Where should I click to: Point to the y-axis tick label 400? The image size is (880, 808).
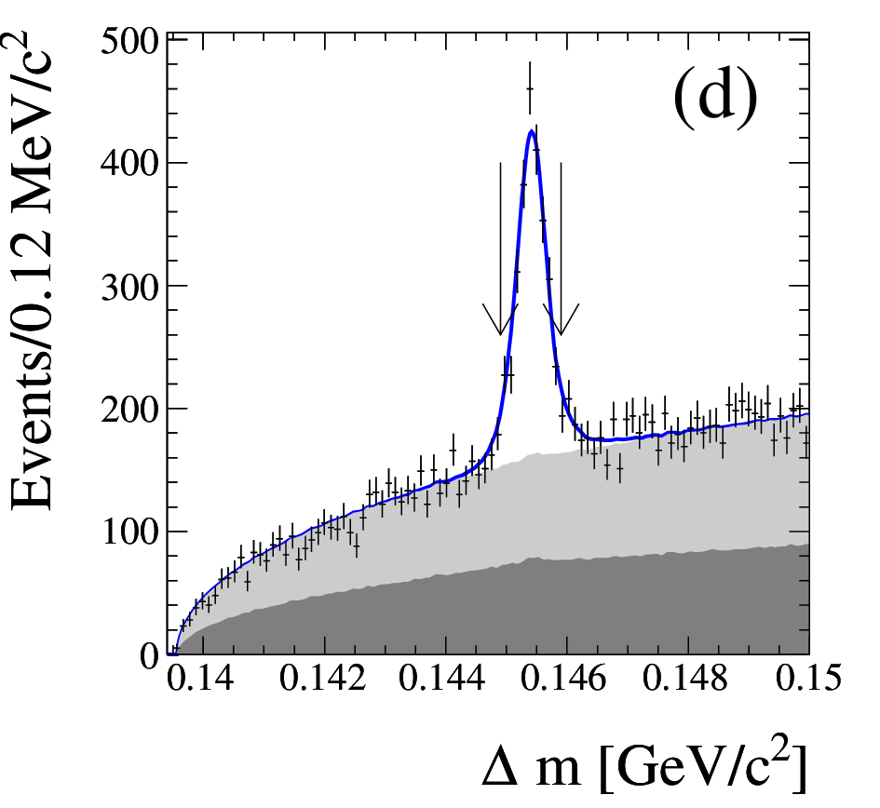click(x=129, y=164)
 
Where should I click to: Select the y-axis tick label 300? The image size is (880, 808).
click(x=129, y=287)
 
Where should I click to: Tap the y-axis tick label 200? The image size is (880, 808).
click(x=129, y=410)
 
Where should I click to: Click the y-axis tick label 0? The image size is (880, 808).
click(x=149, y=655)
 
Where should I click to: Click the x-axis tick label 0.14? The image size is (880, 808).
click(x=201, y=678)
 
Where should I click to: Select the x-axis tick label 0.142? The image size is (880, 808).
click(x=323, y=678)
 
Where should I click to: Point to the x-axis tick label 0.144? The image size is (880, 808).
click(x=442, y=678)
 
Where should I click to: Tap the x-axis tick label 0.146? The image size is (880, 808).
click(x=563, y=678)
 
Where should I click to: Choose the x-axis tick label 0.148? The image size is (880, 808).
click(x=684, y=678)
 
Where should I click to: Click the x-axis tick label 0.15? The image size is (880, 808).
click(x=808, y=678)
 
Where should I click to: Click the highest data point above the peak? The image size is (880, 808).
click(x=529, y=88)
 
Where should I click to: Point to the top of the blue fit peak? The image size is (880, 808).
click(x=531, y=130)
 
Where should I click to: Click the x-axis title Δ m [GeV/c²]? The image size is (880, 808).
click(x=643, y=766)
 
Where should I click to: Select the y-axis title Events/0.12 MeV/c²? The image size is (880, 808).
click(x=32, y=271)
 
